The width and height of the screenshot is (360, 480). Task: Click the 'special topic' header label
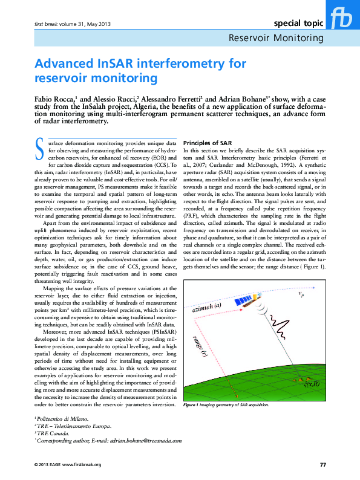299,24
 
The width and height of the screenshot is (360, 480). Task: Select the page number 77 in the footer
322,464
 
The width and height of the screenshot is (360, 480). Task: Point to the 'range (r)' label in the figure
201,344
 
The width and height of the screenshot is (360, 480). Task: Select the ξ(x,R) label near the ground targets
312,384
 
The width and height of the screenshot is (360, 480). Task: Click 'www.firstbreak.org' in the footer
82,464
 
